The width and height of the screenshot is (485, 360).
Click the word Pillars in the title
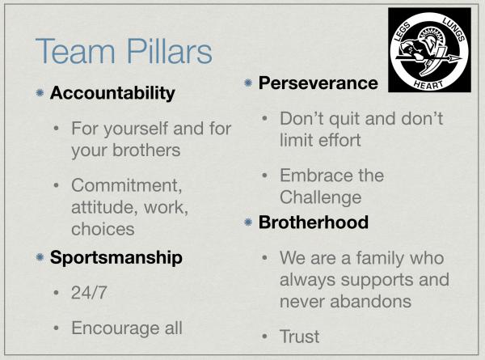pyautogui.click(x=170, y=51)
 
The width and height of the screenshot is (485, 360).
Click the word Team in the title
pyautogui.click(x=75, y=51)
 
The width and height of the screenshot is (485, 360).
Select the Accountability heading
pyautogui.click(x=112, y=93)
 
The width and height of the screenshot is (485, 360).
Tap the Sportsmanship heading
pyautogui.click(x=116, y=257)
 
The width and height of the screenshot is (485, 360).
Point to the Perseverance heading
pyautogui.click(x=318, y=83)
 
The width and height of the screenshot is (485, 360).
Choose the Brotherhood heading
pyautogui.click(x=314, y=222)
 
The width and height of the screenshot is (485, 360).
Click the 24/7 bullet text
pyautogui.click(x=89, y=293)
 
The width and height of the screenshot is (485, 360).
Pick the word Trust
pyautogui.click(x=299, y=337)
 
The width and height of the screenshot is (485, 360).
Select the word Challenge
pyautogui.click(x=320, y=198)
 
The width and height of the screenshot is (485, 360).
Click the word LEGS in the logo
pyautogui.click(x=403, y=32)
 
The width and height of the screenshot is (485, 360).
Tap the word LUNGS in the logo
pyautogui.click(x=453, y=29)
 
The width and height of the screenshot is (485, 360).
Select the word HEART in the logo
pyautogui.click(x=428, y=85)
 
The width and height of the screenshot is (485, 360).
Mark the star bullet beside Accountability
pyautogui.click(x=40, y=92)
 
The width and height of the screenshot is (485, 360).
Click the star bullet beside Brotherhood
pyautogui.click(x=248, y=222)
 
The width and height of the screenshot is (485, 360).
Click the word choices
pyautogui.click(x=103, y=230)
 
